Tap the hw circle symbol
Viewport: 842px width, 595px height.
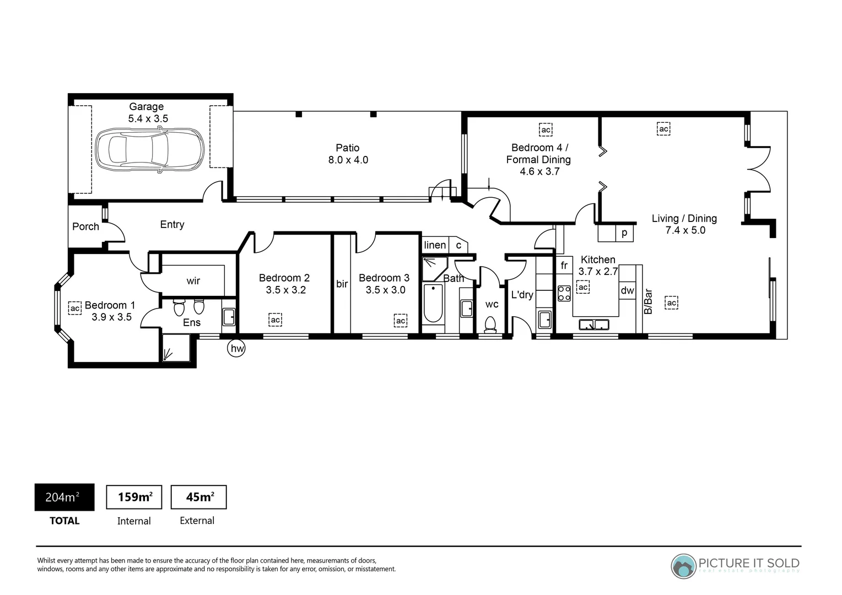pos(236,348)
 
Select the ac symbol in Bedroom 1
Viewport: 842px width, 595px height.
pos(75,308)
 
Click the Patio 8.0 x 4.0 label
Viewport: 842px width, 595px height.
pos(348,154)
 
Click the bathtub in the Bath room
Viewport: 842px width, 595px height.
pos(433,304)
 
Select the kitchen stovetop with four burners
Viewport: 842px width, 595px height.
pos(564,293)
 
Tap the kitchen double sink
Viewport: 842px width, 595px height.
pos(593,324)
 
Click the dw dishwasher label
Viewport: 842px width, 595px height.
pos(627,290)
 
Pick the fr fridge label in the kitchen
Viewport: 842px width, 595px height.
pos(564,266)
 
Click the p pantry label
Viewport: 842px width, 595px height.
pos(624,232)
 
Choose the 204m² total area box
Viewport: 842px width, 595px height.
pos(64,497)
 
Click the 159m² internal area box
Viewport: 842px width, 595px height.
pos(134,497)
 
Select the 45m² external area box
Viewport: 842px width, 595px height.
pos(198,497)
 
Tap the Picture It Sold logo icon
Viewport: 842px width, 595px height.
pos(683,566)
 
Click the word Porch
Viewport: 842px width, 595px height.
pos(85,226)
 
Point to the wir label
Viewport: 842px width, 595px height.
pos(193,281)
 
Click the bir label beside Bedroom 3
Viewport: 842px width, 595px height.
pos(342,284)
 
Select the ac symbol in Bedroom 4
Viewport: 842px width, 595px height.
pos(546,130)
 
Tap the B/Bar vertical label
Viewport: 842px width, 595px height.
pos(649,301)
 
